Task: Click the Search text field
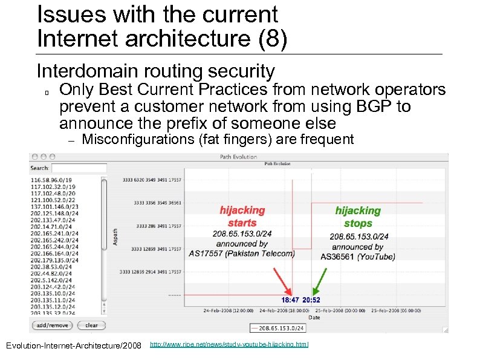[79, 168]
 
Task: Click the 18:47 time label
[291, 299]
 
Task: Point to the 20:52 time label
[311, 299]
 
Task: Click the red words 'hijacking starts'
[242, 216]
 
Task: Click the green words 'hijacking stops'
[358, 217]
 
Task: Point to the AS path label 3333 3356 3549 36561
[159, 203]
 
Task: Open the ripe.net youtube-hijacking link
[229, 344]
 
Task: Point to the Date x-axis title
[314, 317]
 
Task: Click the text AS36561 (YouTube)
[358, 257]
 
